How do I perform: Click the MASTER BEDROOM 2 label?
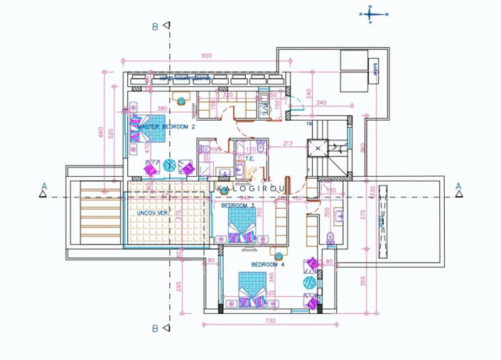166,126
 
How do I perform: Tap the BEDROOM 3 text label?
237,205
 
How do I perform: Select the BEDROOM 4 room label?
268,264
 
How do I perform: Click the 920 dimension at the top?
207,55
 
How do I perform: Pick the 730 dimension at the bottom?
269,322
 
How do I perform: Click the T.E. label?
249,159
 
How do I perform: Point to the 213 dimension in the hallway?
287,143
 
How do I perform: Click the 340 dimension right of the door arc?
320,103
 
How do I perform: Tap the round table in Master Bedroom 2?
170,165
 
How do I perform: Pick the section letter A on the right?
458,187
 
